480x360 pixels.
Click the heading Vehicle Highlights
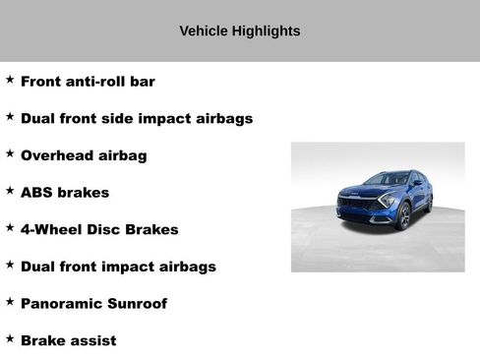coord(240,31)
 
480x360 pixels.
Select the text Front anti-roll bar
coord(88,82)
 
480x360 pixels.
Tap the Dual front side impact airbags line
coord(137,118)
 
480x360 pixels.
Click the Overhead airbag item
coord(84,155)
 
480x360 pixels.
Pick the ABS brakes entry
coord(65,193)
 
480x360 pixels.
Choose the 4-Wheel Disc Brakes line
coord(99,229)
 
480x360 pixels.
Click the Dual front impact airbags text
coord(118,267)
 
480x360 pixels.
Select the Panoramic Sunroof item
coord(93,304)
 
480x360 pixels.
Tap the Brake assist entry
coord(68,340)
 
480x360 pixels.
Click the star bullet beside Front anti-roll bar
coord(10,79)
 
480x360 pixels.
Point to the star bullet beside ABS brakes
coord(10,190)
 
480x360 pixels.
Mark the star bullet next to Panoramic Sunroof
coord(10,301)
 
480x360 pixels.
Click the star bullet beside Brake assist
coord(10,337)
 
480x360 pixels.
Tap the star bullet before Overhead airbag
coord(10,152)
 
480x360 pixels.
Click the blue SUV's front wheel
coord(403,217)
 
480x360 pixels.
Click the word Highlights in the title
coord(266,31)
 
